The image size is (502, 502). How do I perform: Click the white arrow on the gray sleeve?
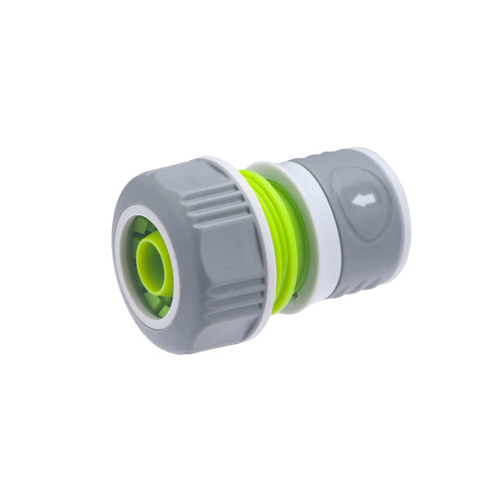click(364, 201)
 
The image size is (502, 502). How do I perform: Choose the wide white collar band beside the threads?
click(322, 234)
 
